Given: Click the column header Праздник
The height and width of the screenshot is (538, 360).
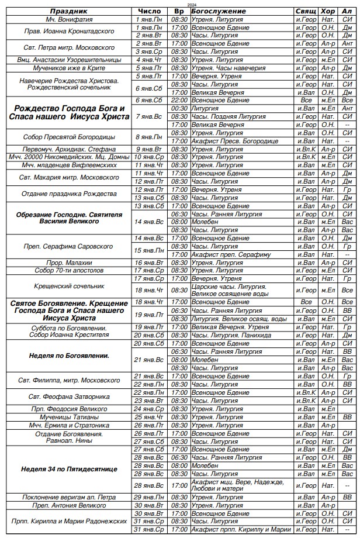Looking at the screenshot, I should (68, 11).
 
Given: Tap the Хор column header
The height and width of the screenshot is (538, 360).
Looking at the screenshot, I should (328, 11).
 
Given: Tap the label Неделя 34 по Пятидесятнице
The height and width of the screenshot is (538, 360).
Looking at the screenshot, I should (68, 469).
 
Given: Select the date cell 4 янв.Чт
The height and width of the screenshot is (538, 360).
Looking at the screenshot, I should (148, 60).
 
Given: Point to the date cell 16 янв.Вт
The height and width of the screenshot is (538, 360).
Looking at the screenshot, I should (148, 263).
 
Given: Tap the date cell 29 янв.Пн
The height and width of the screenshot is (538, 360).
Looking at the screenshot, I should (148, 497).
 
